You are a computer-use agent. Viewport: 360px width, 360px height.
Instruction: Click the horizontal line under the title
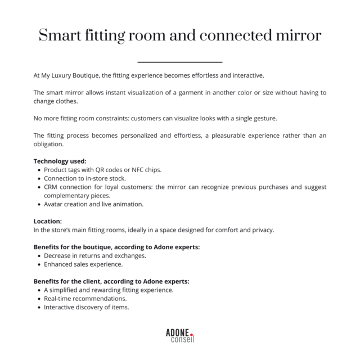[x=179, y=62]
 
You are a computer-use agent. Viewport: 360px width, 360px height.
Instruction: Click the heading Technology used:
[x=60, y=161]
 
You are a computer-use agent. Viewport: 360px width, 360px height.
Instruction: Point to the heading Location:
[x=48, y=222]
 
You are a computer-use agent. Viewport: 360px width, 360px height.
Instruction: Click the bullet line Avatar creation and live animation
[x=93, y=204]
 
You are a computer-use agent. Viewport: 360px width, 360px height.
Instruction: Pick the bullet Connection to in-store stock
[x=88, y=178]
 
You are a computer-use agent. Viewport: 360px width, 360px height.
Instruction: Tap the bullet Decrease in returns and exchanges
[x=95, y=255]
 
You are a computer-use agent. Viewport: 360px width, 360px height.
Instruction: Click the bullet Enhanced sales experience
[x=83, y=264]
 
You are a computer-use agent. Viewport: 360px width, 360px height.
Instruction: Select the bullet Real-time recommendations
[x=85, y=299]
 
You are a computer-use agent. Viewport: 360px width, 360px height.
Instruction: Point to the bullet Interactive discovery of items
[x=86, y=307]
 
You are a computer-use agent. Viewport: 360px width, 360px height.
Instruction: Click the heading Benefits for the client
[x=111, y=281]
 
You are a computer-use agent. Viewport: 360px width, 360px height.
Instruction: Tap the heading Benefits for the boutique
[x=116, y=247]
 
